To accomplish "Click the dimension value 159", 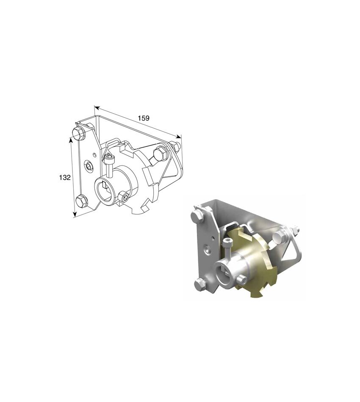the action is click(x=144, y=118).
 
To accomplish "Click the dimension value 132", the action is click(x=65, y=177).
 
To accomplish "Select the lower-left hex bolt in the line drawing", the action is click(x=82, y=201).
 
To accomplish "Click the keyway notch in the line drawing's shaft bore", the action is click(x=104, y=184).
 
